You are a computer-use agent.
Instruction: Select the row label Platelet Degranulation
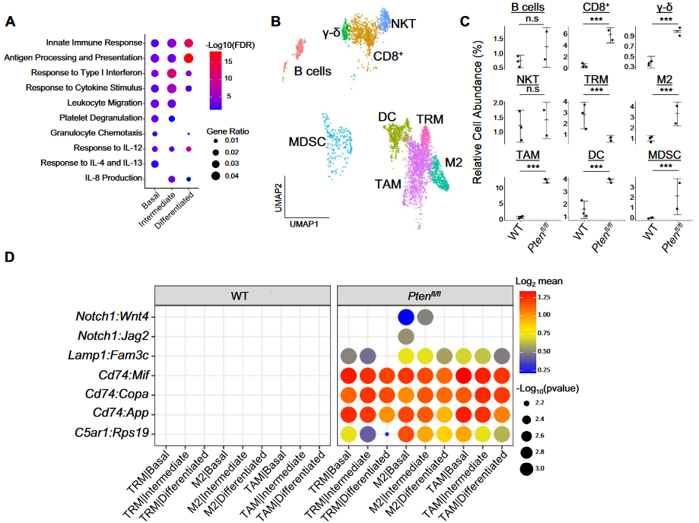[102, 118]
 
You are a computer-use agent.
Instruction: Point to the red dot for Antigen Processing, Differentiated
[189, 58]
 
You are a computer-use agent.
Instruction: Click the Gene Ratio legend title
[227, 131]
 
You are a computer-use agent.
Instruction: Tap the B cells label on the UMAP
[313, 71]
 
